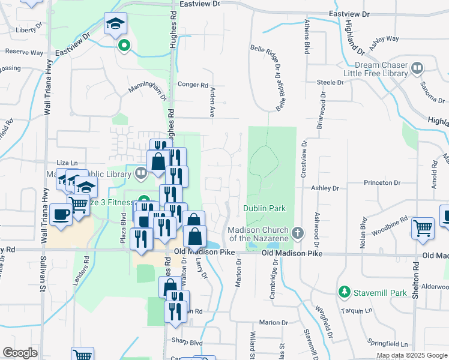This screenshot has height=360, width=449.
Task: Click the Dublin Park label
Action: point(264,208)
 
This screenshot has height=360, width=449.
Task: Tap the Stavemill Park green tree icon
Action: point(345,292)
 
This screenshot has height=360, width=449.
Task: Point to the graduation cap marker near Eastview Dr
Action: point(115,24)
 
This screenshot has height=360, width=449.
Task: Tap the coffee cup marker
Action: point(61,215)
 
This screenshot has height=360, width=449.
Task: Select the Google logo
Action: point(20,352)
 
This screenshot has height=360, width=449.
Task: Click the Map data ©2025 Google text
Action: point(412,355)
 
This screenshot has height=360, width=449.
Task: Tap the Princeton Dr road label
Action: point(381,182)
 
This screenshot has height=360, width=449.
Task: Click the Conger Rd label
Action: point(193,85)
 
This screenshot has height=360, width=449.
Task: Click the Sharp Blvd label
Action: point(188,343)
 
